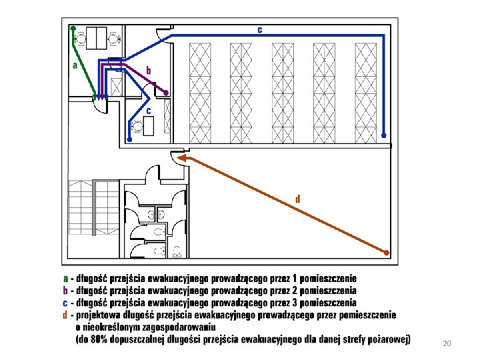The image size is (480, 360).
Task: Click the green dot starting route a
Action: (73, 29)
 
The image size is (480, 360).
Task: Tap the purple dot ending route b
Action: (166, 93)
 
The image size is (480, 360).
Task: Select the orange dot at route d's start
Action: (386, 252)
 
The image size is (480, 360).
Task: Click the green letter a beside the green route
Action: (75, 65)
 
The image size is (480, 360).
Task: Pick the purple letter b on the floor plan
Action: (149, 70)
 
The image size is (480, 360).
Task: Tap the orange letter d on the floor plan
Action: (297, 198)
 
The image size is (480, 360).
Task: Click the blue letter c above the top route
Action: (259, 29)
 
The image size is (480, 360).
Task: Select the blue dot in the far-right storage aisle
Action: (383, 135)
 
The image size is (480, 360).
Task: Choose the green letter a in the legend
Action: (65, 279)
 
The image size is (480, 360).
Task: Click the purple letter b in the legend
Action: (65, 291)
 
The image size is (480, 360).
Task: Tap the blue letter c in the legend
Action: (65, 303)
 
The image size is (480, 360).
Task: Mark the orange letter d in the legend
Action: (65, 315)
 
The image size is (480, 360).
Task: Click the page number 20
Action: (447, 343)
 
